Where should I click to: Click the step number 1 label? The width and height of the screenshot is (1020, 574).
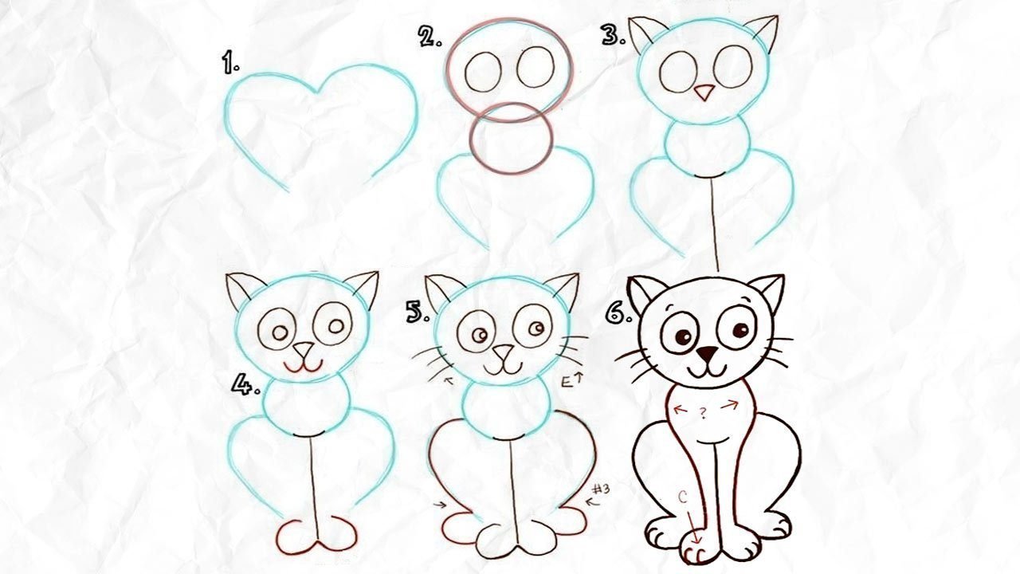pyautogui.click(x=230, y=63)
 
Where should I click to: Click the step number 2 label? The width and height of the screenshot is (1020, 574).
pyautogui.click(x=430, y=36)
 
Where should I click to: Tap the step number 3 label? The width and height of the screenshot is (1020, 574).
pyautogui.click(x=614, y=35)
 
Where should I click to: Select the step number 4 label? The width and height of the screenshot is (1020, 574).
pyautogui.click(x=245, y=383)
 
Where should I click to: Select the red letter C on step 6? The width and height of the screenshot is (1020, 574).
pyautogui.click(x=683, y=497)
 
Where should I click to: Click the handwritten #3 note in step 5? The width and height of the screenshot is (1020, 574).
pyautogui.click(x=601, y=489)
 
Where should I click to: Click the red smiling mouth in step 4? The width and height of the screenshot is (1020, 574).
pyautogui.click(x=304, y=367)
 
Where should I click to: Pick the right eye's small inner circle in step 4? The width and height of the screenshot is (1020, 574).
pyautogui.click(x=336, y=326)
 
